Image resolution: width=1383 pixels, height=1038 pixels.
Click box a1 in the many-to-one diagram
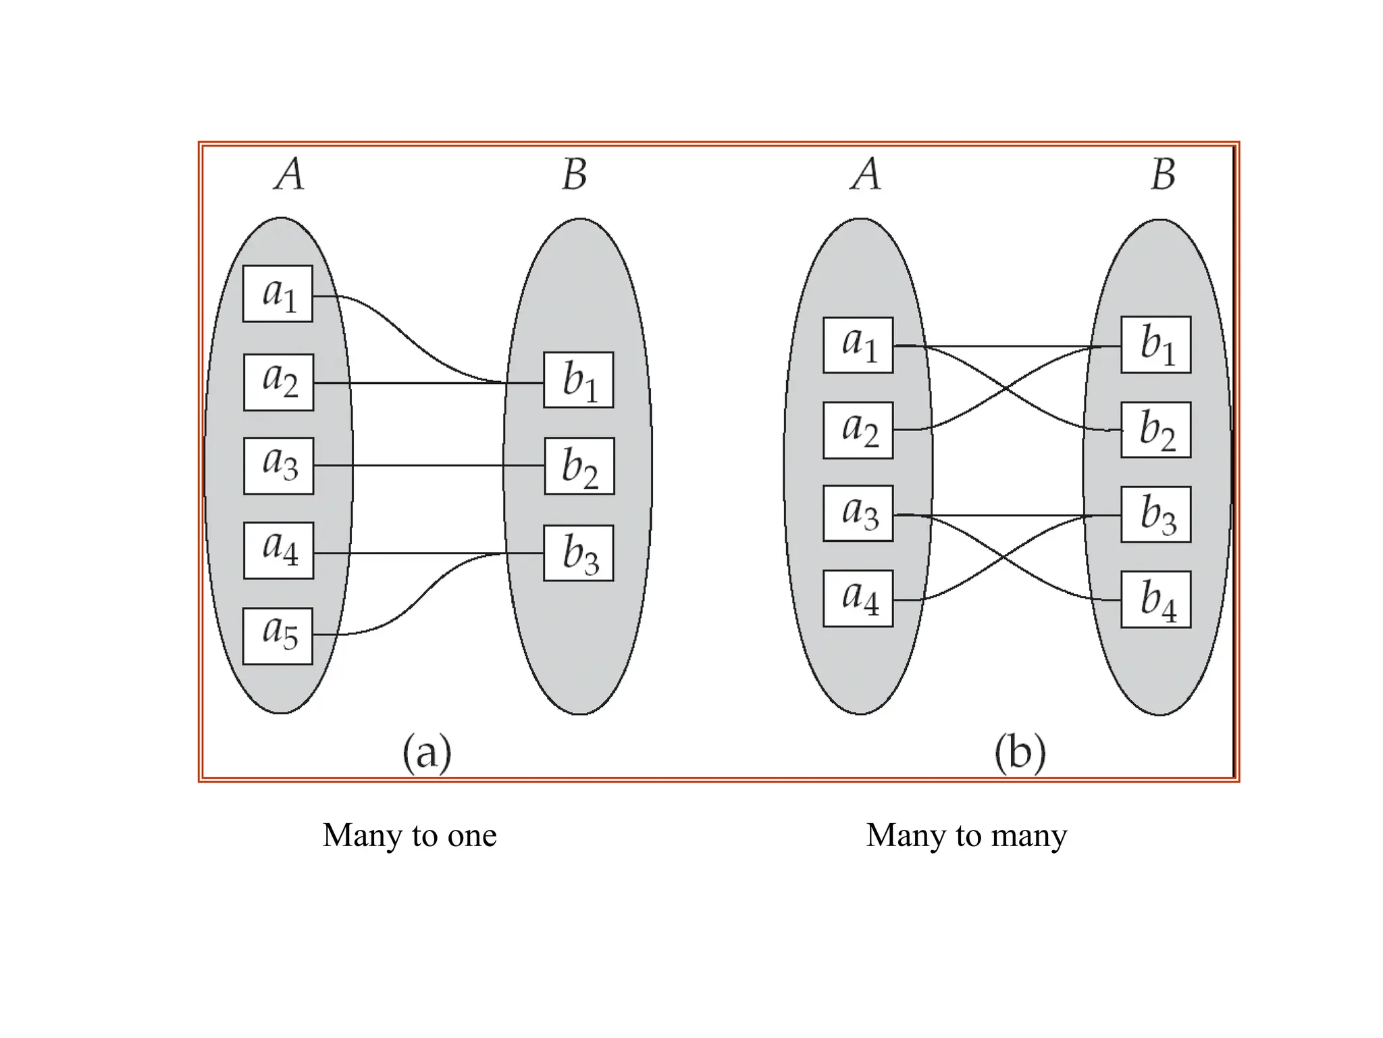278,294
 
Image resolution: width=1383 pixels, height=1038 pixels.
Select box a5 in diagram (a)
278,636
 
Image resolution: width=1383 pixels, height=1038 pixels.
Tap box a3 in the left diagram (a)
278,466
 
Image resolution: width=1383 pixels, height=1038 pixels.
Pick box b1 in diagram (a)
579,380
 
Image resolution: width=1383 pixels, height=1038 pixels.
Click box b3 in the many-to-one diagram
579,553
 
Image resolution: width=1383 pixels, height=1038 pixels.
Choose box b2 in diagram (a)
579,466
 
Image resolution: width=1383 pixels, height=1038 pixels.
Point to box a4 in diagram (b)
858,599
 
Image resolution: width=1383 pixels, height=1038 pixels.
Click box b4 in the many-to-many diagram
1156,599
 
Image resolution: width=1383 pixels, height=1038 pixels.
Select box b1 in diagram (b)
1156,345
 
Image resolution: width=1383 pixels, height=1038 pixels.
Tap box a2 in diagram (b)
858,430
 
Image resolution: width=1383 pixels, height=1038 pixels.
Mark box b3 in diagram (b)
1156,514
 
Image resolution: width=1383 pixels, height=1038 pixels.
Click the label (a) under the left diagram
427,752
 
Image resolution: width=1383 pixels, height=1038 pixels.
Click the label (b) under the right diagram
1020,752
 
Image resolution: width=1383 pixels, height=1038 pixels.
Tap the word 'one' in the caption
472,837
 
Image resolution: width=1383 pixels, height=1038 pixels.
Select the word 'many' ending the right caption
1029,837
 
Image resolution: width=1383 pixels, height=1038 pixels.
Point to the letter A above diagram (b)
866,174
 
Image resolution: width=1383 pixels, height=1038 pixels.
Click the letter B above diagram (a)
575,174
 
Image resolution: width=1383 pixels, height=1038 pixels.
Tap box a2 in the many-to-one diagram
278,382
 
